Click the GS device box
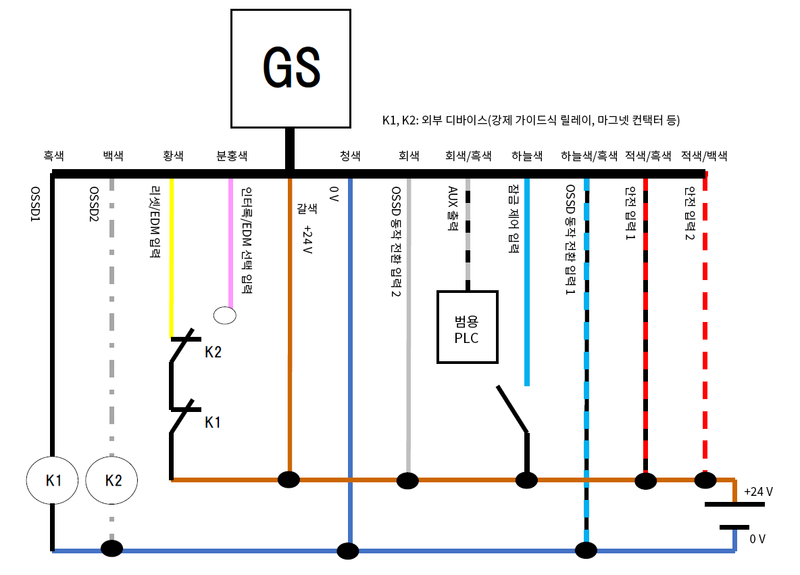point(291,68)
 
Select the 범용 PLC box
point(467,327)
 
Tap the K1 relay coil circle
point(53,480)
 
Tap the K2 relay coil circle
point(112,480)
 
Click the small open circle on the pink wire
point(224,315)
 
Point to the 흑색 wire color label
point(54,156)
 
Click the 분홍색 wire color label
point(231,156)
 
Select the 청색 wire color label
point(349,156)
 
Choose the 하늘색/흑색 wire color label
point(589,156)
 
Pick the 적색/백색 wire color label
point(705,156)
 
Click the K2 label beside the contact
point(213,352)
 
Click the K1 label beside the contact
point(213,422)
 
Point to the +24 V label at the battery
point(758,492)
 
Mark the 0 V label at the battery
point(757,539)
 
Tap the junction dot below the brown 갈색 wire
point(289,480)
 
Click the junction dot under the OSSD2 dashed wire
point(111,548)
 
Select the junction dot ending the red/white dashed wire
point(705,480)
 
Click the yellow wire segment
point(172,257)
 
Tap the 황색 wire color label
point(173,156)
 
